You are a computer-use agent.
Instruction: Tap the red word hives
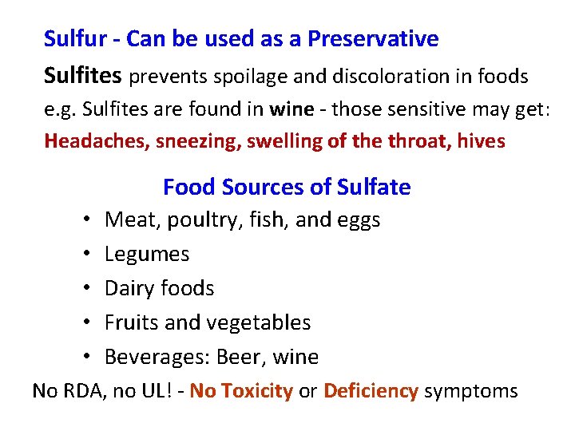click(481, 141)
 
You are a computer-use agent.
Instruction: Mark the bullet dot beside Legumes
click(84, 255)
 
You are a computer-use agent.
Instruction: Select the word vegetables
click(260, 323)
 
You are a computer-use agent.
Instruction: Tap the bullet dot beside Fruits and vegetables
click(84, 323)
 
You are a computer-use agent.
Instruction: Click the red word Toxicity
click(257, 391)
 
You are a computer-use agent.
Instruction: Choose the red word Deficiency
click(371, 391)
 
